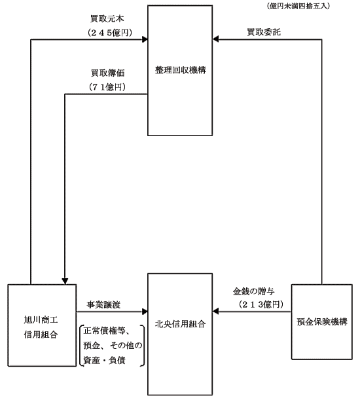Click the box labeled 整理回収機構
tap(180, 71)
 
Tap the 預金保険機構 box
tap(322, 322)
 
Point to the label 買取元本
tap(107, 18)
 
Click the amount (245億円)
tap(110, 33)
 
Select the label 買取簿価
tap(107, 73)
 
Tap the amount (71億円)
tap(107, 87)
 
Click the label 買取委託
tap(264, 32)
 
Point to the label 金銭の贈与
tap(253, 291)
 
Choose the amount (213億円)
tap(261, 304)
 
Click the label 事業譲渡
tap(103, 304)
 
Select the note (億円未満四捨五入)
tap(298, 6)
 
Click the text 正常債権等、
tap(107, 331)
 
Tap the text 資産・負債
tap(104, 361)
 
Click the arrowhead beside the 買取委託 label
tap(215, 39)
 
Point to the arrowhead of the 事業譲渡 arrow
tap(145, 312)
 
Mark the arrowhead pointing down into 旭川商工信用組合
tap(65, 281)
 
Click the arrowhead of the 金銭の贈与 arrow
tap(215, 312)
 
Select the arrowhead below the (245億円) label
tap(145, 39)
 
